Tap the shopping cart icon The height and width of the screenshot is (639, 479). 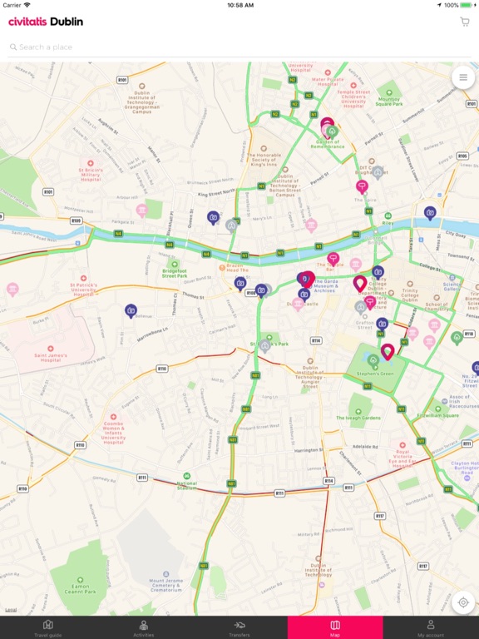coord(465,22)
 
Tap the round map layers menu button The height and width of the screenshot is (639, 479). coord(463,77)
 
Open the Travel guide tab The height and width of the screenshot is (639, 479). coord(47,627)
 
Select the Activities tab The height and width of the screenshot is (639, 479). coord(144,627)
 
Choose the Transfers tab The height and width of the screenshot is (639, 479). coord(239,627)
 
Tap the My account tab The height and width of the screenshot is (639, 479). coord(431,627)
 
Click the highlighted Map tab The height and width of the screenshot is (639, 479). coord(335,627)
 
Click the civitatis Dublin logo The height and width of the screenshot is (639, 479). coord(46,22)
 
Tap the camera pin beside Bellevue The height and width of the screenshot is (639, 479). coord(131,310)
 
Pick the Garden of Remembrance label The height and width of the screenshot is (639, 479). coord(328,143)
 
